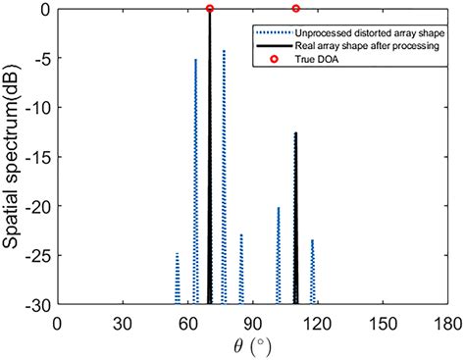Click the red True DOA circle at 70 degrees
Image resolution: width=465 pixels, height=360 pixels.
pyautogui.click(x=210, y=9)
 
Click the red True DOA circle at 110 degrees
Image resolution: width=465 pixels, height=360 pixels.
pyautogui.click(x=296, y=9)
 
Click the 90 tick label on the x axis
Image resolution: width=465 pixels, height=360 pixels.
pyautogui.click(x=252, y=322)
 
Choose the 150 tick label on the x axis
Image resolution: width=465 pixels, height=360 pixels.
pyautogui.click(x=383, y=322)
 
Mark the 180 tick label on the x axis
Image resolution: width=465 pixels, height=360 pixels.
pyautogui.click(x=447, y=322)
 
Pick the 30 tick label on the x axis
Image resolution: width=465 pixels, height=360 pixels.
pyautogui.click(x=123, y=322)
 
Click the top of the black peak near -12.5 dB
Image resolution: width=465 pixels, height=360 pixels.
pyautogui.click(x=296, y=132)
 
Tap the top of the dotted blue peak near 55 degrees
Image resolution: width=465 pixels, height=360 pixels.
pyautogui.click(x=177, y=253)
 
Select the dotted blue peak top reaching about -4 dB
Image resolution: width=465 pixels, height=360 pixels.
pyautogui.click(x=224, y=50)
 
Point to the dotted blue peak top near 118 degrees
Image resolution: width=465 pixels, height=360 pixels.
pyautogui.click(x=313, y=240)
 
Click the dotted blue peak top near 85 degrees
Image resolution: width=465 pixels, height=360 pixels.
pyautogui.click(x=241, y=234)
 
